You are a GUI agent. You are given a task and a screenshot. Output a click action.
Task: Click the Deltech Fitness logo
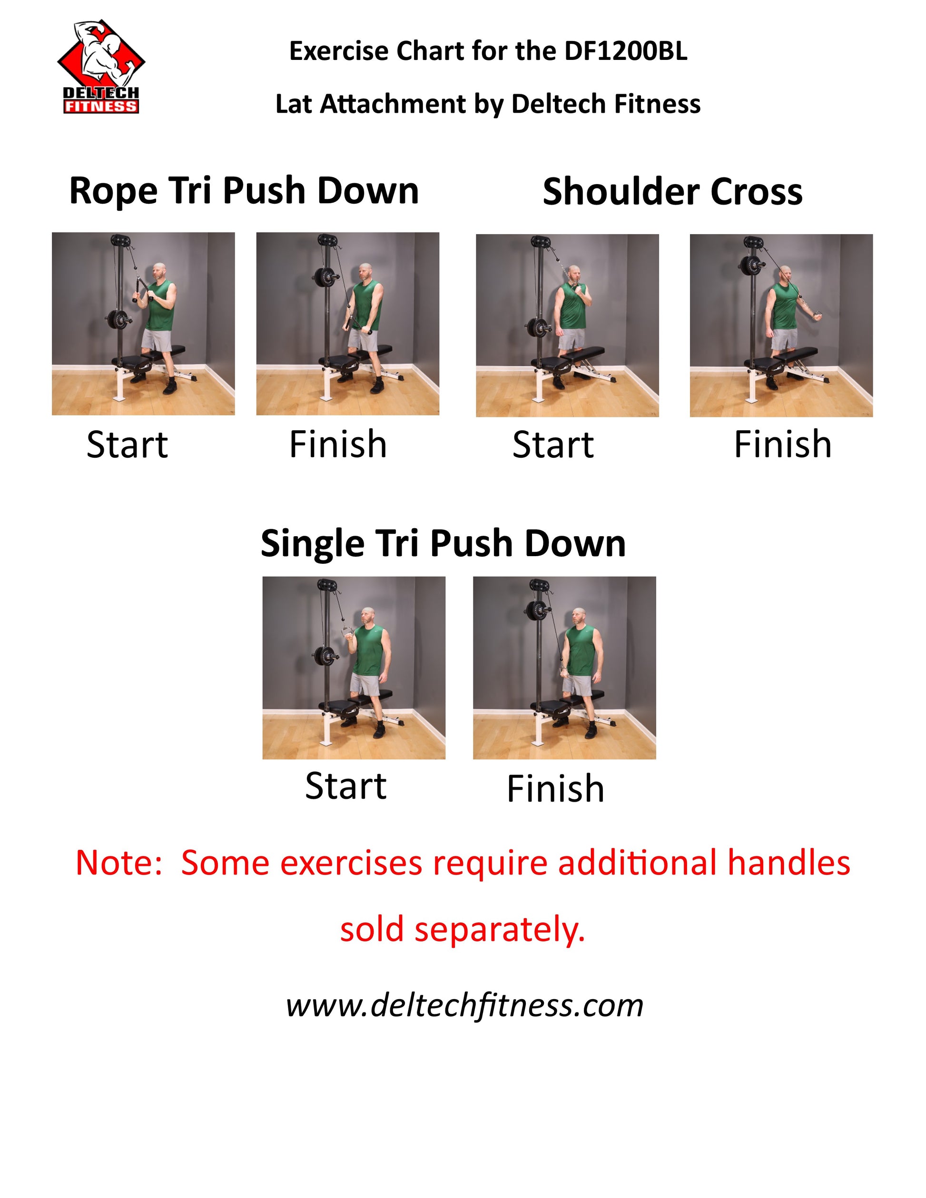pyautogui.click(x=101, y=67)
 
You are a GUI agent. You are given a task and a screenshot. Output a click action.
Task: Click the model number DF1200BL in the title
pyautogui.click(x=625, y=51)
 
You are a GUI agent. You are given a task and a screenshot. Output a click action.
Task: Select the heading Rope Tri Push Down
pyautogui.click(x=244, y=191)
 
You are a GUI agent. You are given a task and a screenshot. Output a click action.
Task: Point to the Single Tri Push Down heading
pyautogui.click(x=443, y=544)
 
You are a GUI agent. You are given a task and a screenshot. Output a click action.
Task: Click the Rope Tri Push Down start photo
pyautogui.click(x=143, y=324)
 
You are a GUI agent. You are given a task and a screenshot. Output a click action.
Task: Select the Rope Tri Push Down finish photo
pyautogui.click(x=348, y=324)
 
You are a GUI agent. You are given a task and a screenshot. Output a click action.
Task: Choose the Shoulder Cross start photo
pyautogui.click(x=567, y=325)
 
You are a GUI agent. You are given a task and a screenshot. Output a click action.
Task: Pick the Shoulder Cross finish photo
pyautogui.click(x=781, y=325)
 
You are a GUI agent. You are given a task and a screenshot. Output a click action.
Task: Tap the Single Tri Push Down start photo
pyautogui.click(x=354, y=668)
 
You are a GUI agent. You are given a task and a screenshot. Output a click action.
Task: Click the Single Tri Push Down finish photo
pyautogui.click(x=564, y=668)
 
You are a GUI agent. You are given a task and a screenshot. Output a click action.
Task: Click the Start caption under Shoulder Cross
pyautogui.click(x=553, y=444)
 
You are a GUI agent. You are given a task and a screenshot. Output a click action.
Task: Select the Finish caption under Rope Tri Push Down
pyautogui.click(x=338, y=444)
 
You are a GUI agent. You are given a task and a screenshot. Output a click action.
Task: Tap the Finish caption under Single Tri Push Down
pyautogui.click(x=555, y=789)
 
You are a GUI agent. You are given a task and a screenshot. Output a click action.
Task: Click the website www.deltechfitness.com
pyautogui.click(x=464, y=1005)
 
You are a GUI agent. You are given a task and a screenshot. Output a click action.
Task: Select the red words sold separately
pyautogui.click(x=463, y=930)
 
